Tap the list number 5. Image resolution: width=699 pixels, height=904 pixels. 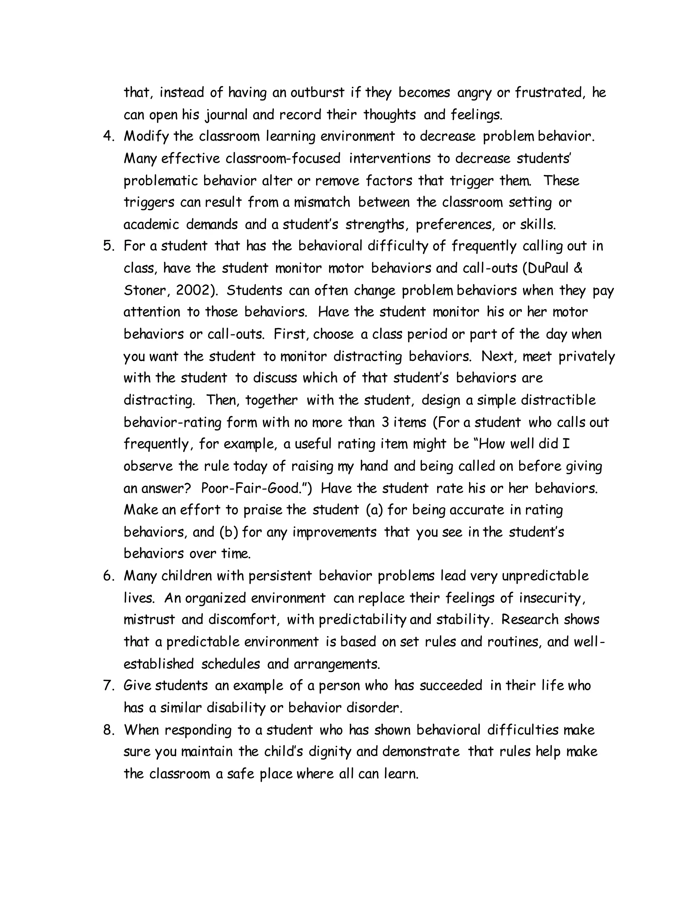(x=108, y=246)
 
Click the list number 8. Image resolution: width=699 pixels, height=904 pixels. (x=108, y=730)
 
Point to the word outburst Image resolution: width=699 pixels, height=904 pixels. (x=317, y=93)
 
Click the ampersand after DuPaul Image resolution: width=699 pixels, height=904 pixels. (x=579, y=268)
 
